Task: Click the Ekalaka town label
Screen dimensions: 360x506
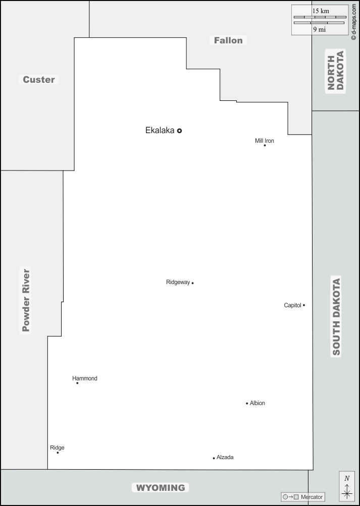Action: click(160, 130)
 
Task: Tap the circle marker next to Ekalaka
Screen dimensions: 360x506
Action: click(180, 131)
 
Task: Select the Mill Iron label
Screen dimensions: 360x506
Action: click(265, 141)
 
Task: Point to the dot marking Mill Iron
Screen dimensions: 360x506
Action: click(265, 145)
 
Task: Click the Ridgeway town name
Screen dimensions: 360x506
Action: click(178, 282)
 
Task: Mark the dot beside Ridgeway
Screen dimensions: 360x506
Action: click(193, 283)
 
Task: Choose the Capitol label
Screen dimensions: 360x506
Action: click(292, 305)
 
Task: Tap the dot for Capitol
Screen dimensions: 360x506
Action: click(304, 305)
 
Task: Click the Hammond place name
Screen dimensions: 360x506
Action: click(85, 378)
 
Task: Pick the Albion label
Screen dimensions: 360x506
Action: click(258, 403)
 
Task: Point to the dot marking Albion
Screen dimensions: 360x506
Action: click(247, 404)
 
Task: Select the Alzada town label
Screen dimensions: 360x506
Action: click(225, 457)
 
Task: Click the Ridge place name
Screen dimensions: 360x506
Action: click(57, 447)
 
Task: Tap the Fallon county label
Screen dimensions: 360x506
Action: click(228, 40)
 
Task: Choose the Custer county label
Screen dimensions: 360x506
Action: click(39, 79)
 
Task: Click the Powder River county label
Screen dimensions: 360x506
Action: click(26, 300)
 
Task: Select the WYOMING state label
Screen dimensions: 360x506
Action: click(161, 488)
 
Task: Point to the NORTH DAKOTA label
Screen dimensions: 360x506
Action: click(335, 71)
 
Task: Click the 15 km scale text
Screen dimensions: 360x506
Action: click(321, 11)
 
